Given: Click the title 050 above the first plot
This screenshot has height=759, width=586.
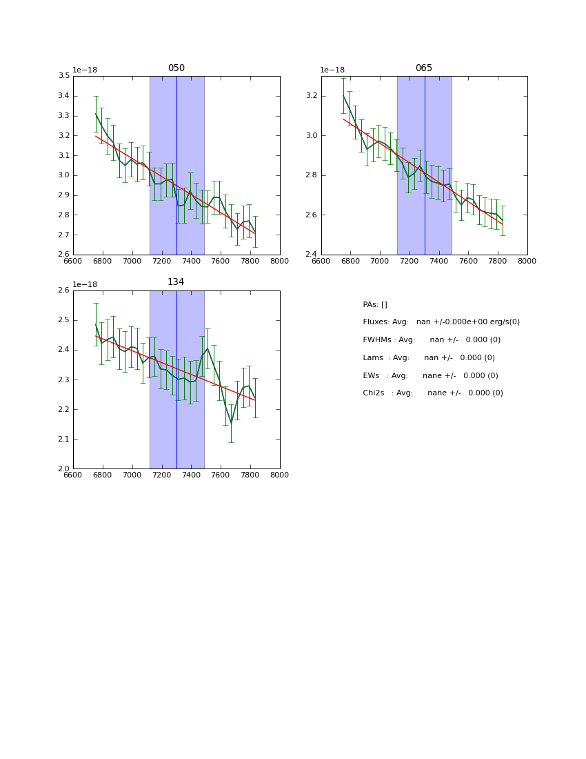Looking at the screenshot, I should [x=176, y=68].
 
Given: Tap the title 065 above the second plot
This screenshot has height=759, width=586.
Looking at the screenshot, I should [x=424, y=68].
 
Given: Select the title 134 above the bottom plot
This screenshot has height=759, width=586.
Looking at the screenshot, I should [x=176, y=282].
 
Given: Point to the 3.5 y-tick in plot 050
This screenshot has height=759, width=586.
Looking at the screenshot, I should [x=63, y=76].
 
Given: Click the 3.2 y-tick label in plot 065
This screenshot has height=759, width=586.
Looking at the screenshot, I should [x=312, y=96].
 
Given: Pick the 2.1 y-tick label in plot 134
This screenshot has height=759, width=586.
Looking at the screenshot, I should [x=63, y=439].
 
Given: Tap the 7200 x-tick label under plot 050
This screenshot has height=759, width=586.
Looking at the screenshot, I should [x=161, y=261].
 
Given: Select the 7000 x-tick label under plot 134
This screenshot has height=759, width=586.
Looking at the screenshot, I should [x=132, y=475].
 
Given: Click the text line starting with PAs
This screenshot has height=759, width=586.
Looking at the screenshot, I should [x=375, y=305].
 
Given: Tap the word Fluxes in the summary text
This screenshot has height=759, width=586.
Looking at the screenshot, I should [x=375, y=322].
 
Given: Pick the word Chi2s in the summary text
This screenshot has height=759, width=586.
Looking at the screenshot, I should [x=374, y=393].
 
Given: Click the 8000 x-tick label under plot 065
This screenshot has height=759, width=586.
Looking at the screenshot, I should [x=527, y=261].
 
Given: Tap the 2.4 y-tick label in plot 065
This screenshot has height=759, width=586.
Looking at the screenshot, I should [x=312, y=255].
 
